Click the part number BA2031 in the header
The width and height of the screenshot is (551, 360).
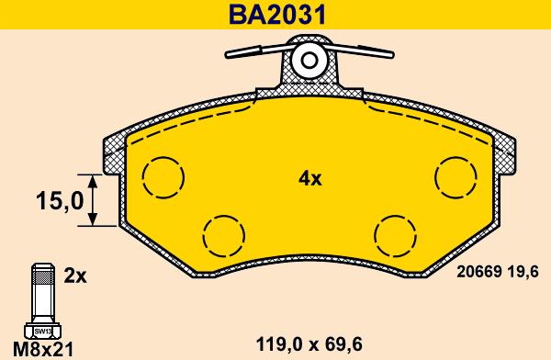pos(277,15)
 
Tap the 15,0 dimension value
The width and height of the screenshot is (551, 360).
pos(60,201)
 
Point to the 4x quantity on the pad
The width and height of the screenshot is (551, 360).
pos(310,179)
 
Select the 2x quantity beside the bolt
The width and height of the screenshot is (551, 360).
pos(75,276)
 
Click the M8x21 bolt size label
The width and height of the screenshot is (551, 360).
pos(43,350)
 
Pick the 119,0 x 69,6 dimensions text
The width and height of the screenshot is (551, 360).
pos(309,344)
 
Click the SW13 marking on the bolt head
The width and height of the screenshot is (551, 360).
pos(42,331)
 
